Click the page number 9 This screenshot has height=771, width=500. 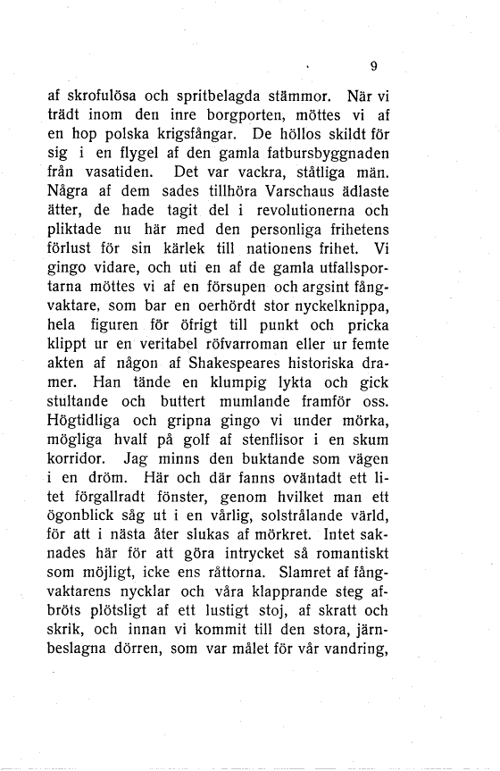373,64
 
